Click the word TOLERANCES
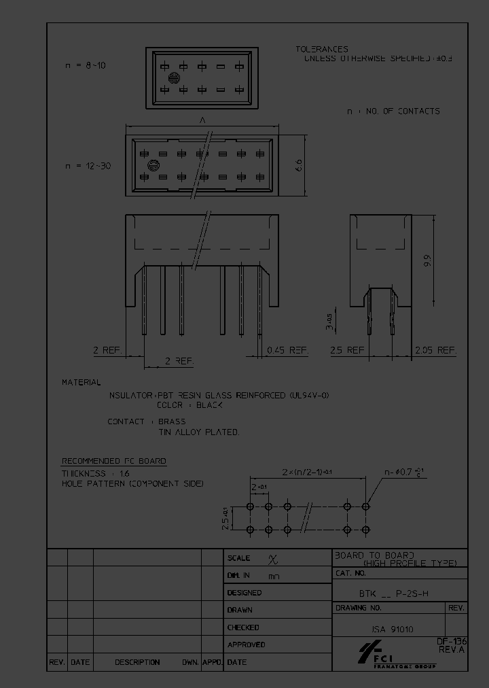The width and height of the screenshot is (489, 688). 322,49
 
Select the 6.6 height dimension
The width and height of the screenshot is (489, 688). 299,165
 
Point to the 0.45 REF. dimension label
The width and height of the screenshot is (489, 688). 287,350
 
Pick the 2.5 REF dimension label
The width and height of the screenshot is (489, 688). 346,350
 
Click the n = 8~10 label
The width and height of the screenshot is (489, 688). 86,65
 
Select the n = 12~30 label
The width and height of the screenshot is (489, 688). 88,166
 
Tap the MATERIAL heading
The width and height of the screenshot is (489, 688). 81,383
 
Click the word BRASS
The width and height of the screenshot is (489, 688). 172,422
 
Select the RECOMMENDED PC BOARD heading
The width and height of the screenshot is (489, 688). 114,461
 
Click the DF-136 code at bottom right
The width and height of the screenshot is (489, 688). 451,641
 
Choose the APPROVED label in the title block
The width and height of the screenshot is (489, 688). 246,644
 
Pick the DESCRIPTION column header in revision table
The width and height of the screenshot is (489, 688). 137,662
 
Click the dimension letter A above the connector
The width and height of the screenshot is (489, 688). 202,120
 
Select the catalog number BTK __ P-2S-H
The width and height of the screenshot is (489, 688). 394,593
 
